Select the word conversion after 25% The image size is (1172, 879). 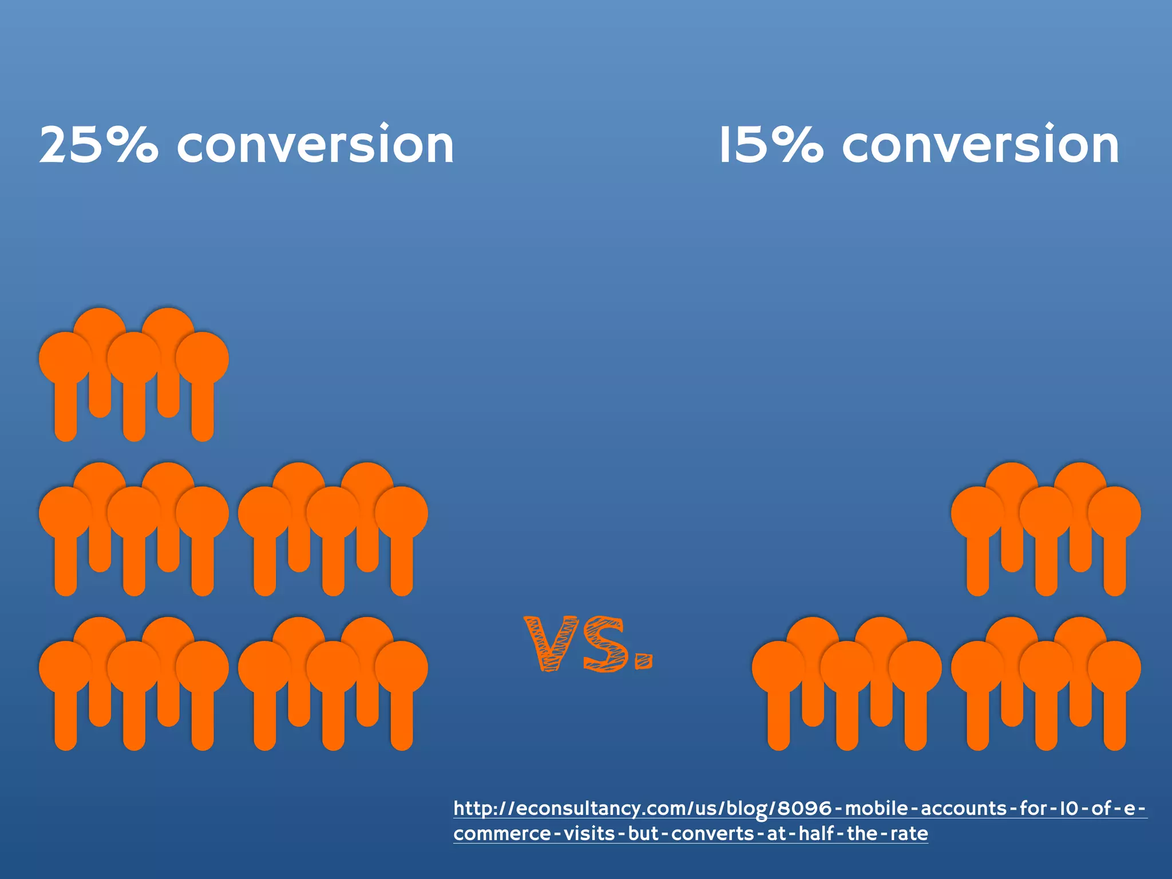[315, 145]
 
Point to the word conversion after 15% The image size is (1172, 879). [980, 145]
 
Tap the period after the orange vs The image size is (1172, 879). [644, 661]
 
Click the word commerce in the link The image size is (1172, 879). [502, 833]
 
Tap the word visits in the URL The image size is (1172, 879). [589, 833]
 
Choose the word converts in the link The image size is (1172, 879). [712, 833]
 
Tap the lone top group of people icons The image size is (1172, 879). [134, 374]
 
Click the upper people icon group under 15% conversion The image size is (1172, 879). [1046, 529]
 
